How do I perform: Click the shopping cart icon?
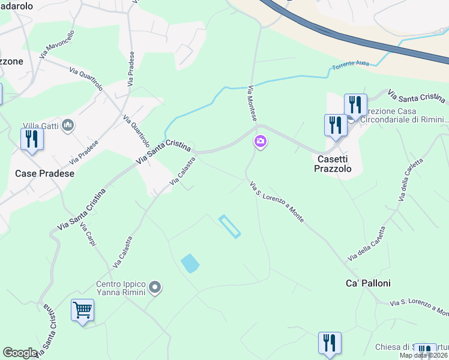pos(82,311)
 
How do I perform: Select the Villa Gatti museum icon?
pos(68,125)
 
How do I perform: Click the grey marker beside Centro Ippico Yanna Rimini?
pos(155,288)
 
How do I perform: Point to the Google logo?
pos(20,353)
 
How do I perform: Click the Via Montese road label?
pos(253,106)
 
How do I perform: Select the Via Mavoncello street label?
pos(57,44)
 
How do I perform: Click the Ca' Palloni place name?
pos(368,283)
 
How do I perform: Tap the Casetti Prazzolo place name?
pos(331,164)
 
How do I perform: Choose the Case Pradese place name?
pos(44,173)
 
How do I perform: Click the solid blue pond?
pos(190,263)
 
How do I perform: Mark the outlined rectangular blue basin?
pos(230,226)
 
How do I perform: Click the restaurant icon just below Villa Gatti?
pos(30,139)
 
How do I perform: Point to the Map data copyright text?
pos(423,355)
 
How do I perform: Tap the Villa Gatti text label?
pos(41,125)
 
